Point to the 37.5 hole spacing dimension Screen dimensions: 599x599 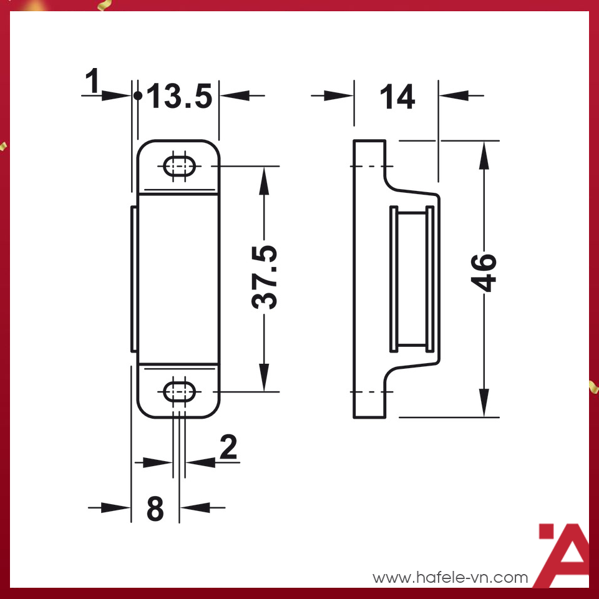pos(265,278)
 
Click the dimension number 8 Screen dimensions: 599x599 pos(155,509)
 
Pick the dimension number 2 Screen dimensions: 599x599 pos(228,447)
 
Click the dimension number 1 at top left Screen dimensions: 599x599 pos(92,82)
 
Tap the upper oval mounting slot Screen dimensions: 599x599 pos(179,167)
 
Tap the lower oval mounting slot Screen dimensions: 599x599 pos(179,392)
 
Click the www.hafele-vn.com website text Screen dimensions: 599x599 pos(450,578)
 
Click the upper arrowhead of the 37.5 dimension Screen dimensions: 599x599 pos(265,181)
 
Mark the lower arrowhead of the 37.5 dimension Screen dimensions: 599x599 pos(265,378)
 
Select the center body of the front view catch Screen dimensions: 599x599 pos(178,278)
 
